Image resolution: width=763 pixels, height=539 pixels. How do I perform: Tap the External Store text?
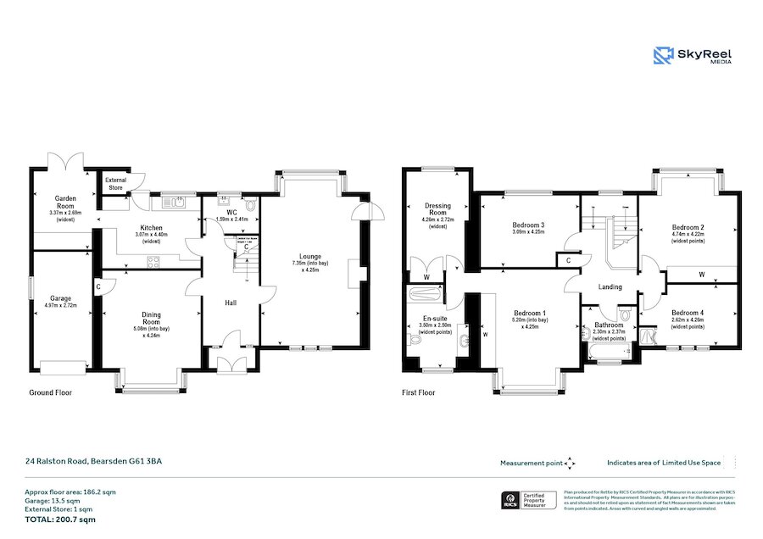tap(114, 184)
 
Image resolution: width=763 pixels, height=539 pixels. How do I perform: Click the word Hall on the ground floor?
tap(230, 303)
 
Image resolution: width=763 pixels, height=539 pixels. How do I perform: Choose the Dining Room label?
tap(151, 318)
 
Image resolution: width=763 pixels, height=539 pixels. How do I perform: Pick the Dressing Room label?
tap(437, 210)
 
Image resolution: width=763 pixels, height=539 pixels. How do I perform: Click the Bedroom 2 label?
tap(688, 227)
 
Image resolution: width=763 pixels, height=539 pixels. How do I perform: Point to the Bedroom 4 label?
tap(688, 312)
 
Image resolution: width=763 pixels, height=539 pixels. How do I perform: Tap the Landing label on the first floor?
tap(610, 286)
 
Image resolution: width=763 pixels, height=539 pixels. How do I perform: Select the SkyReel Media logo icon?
tap(663, 56)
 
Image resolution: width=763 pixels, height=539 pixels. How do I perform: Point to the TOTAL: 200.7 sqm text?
tap(60, 519)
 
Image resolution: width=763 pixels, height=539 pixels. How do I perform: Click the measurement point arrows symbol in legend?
tap(570, 463)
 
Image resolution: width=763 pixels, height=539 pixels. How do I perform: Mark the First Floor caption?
tap(419, 393)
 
